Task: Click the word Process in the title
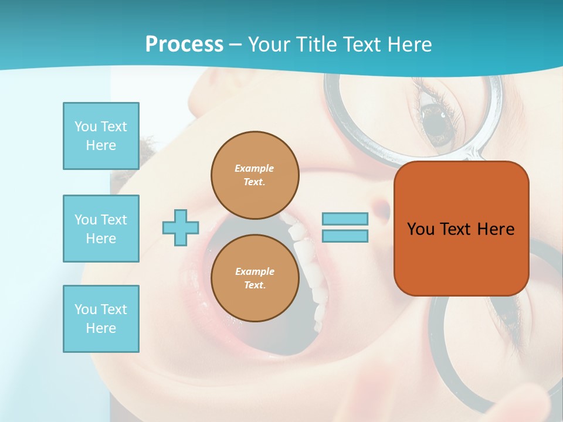(x=184, y=45)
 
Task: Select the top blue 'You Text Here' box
(x=101, y=136)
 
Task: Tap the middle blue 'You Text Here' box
(x=101, y=229)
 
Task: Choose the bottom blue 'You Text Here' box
(x=101, y=319)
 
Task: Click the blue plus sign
(x=181, y=228)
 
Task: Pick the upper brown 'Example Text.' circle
(x=255, y=175)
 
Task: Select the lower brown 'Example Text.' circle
(x=255, y=278)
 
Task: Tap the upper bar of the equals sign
(x=345, y=219)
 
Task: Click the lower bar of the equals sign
(x=345, y=236)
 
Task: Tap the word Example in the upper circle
(x=255, y=168)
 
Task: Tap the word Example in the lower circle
(x=255, y=271)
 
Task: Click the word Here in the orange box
(x=496, y=229)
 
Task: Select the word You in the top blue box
(x=86, y=127)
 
